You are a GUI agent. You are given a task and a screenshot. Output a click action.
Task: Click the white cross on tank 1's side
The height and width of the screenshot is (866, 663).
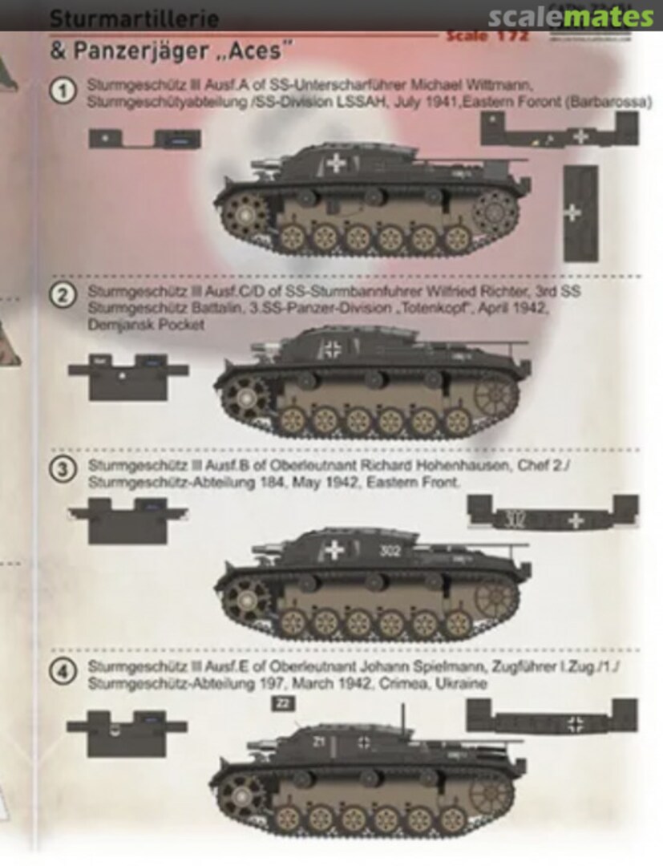[x=336, y=164]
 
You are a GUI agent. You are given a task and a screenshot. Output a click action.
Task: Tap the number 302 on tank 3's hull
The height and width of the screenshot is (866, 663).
[x=391, y=551]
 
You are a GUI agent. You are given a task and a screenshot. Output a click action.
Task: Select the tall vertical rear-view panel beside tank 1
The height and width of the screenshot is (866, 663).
[x=580, y=213]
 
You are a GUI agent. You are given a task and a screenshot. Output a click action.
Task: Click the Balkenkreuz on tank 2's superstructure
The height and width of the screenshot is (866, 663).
[x=332, y=349]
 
